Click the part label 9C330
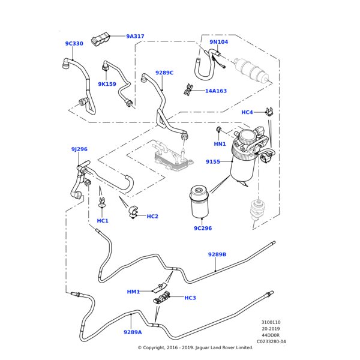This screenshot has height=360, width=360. (x=74, y=44)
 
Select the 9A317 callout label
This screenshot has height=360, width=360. (x=135, y=37)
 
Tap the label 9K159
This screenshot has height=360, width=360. (x=107, y=85)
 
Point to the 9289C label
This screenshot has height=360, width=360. (x=164, y=73)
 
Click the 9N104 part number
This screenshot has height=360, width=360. (x=218, y=43)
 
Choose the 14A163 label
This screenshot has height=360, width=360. (x=216, y=91)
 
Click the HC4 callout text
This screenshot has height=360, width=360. (x=247, y=112)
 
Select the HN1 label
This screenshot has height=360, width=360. (x=220, y=144)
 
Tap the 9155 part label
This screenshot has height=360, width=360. (x=213, y=162)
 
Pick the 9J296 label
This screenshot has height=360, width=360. (x=79, y=149)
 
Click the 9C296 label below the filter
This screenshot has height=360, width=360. (x=203, y=229)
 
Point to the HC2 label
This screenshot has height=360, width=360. (x=152, y=216)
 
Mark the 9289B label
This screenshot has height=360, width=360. (x=217, y=254)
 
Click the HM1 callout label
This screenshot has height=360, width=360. (x=133, y=292)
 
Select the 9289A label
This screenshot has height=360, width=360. (x=133, y=332)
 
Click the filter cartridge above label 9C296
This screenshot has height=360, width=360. (x=200, y=202)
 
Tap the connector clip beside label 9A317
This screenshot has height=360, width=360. (x=100, y=40)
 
